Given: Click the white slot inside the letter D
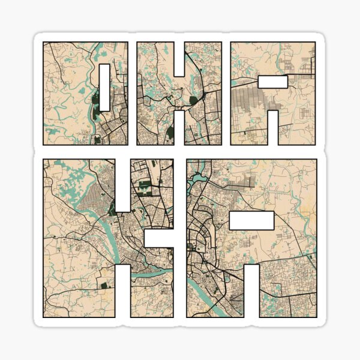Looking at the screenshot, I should [104, 87].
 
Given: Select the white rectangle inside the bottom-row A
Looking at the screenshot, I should [251, 221].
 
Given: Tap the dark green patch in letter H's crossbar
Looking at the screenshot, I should [193, 100].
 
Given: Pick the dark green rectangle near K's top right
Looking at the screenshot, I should [146, 187].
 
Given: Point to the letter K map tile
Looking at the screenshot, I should [78, 240].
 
